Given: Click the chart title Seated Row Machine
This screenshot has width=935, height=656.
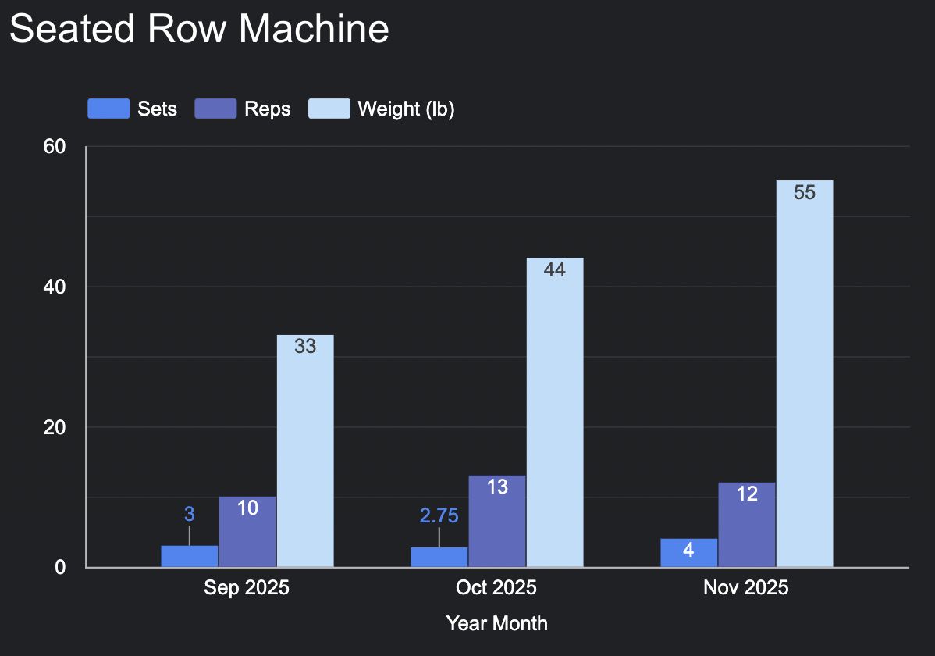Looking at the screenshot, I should [199, 29].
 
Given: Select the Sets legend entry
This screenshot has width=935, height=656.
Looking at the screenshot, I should [133, 109].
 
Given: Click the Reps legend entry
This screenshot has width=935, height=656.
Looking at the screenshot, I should [243, 109].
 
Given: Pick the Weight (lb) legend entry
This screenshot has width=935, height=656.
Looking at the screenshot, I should [382, 109].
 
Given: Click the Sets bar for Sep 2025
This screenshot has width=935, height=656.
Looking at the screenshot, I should [190, 556].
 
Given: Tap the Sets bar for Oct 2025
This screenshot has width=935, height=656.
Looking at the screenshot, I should [439, 557].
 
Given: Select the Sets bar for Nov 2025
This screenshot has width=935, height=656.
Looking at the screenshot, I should [689, 553].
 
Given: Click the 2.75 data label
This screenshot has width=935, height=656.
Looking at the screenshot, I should [439, 515].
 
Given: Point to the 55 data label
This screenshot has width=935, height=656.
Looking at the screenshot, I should [805, 192].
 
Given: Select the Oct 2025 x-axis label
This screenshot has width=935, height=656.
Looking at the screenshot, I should [496, 588].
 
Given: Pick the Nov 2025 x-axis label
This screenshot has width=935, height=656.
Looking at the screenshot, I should [746, 588].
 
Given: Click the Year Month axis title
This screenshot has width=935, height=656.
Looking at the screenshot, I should [496, 623].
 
